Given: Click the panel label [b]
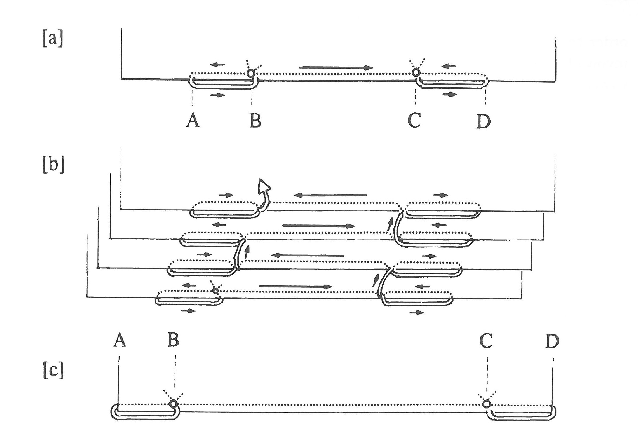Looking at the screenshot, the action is [53, 165].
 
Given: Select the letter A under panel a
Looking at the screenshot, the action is [193, 121].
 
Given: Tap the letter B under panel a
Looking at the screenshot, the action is [255, 121].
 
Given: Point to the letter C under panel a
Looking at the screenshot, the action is [414, 120].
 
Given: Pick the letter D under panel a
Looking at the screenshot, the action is [484, 121].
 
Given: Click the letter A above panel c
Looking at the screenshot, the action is [120, 340].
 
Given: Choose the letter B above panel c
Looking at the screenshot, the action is [173, 340].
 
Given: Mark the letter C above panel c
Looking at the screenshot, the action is [486, 341].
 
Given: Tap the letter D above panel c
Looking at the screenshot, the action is [552, 341].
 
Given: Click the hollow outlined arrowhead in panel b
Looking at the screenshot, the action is [264, 187].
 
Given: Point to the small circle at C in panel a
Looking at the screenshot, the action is [416, 72].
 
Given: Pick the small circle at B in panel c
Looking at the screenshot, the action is [173, 404].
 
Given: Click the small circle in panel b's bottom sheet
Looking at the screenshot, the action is [215, 291].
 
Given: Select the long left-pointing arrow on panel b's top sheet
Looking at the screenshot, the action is [330, 195].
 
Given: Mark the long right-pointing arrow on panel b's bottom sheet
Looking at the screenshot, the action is [296, 287].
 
